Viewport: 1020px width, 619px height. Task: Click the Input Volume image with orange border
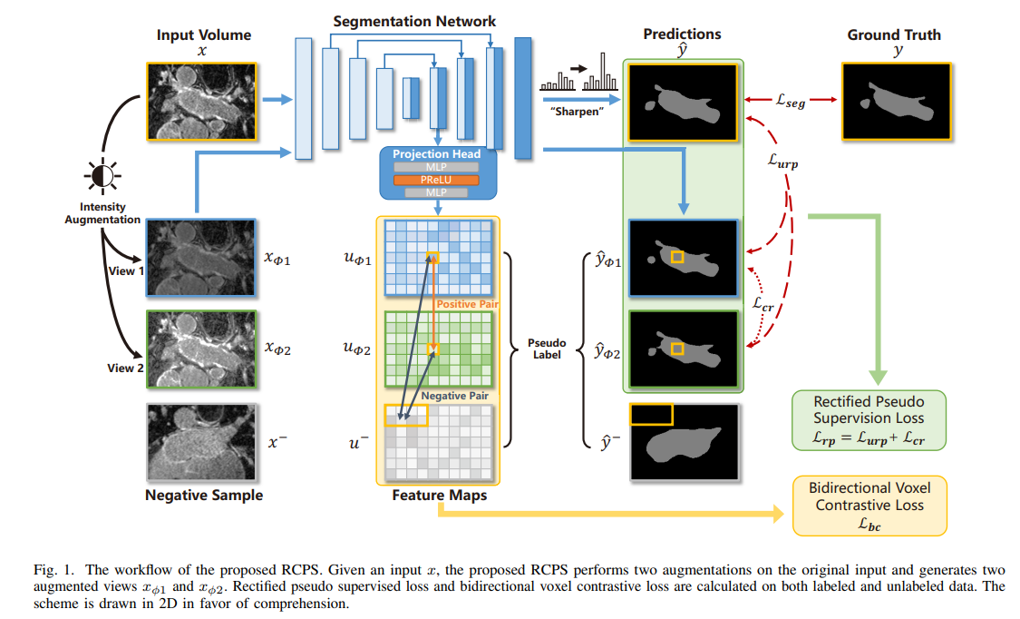click(x=202, y=101)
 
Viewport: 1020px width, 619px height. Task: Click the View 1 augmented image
click(x=202, y=257)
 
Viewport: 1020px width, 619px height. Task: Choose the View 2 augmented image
click(x=202, y=349)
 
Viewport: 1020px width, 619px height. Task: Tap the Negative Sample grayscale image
click(x=202, y=442)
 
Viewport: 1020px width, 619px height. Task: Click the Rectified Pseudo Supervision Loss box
click(x=869, y=420)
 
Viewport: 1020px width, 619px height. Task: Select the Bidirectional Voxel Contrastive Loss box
click(x=869, y=506)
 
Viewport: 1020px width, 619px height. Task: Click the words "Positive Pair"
click(x=468, y=304)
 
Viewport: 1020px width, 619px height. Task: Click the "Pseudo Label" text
click(x=547, y=349)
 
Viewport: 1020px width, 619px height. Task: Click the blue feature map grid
click(x=437, y=258)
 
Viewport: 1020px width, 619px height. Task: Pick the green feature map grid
click(x=437, y=349)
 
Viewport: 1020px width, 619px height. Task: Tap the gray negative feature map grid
click(x=437, y=442)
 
